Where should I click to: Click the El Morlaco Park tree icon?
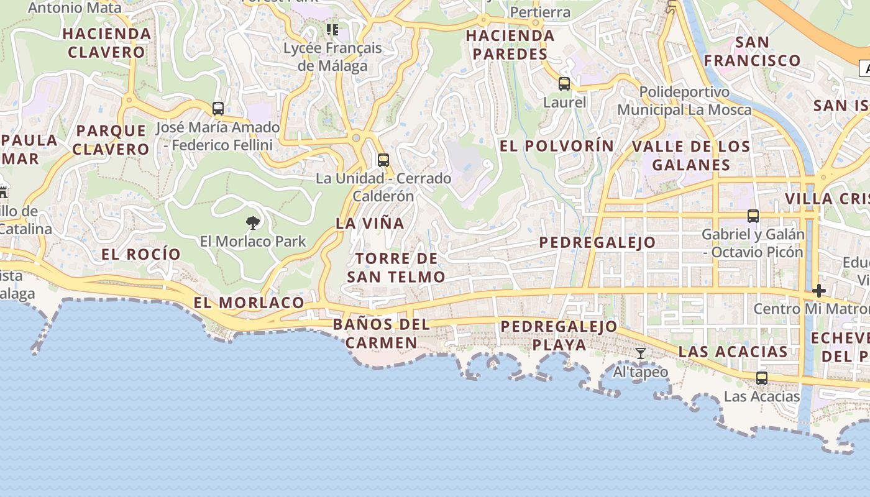coord(252,222)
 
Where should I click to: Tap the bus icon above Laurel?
coord(564,83)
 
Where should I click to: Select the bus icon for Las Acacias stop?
coord(762,378)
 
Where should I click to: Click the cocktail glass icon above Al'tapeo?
coord(641,353)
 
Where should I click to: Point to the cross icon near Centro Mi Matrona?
coord(819,290)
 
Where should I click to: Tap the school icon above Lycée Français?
coord(332,29)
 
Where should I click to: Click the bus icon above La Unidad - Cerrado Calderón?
coord(383,160)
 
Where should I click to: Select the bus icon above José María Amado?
coord(218,108)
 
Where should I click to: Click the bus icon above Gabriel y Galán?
coord(753,216)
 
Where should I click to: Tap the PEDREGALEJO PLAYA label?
coord(559,335)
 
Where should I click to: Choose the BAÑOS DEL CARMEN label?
coord(382,334)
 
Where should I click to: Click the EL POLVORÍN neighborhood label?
coord(557,146)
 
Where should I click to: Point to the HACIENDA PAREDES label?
coord(510,45)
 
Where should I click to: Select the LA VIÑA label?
coord(370,223)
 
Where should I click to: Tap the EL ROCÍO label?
coord(141,254)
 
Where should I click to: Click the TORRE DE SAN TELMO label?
coord(396,268)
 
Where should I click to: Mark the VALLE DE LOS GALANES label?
coord(691,155)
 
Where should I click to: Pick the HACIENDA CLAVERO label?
coord(107,43)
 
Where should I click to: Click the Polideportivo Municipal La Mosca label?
coord(684,101)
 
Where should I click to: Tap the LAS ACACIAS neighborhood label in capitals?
coord(733,352)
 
